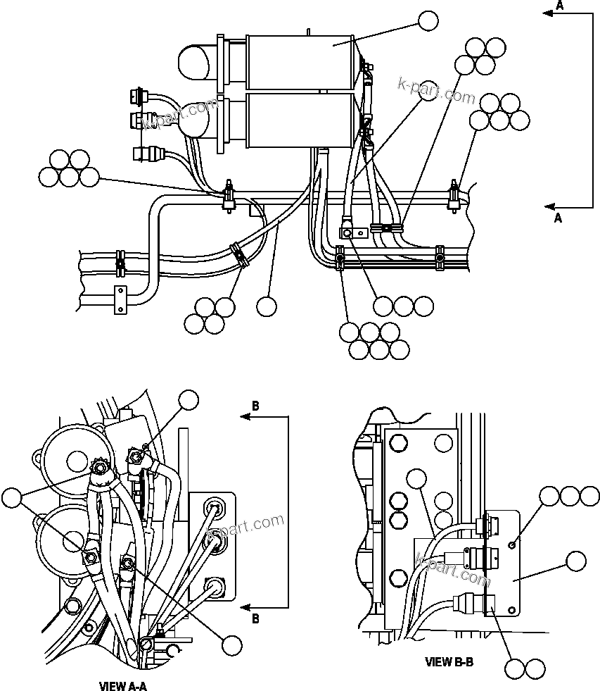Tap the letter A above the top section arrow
point(559,6)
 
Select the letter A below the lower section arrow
point(558,218)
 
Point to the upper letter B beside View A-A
point(255,406)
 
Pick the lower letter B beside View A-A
point(255,619)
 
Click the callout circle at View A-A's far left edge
point(12,499)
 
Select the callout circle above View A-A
point(189,399)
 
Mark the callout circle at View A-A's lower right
point(231,645)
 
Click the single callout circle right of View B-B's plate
point(576,561)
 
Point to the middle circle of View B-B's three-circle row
point(570,497)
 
